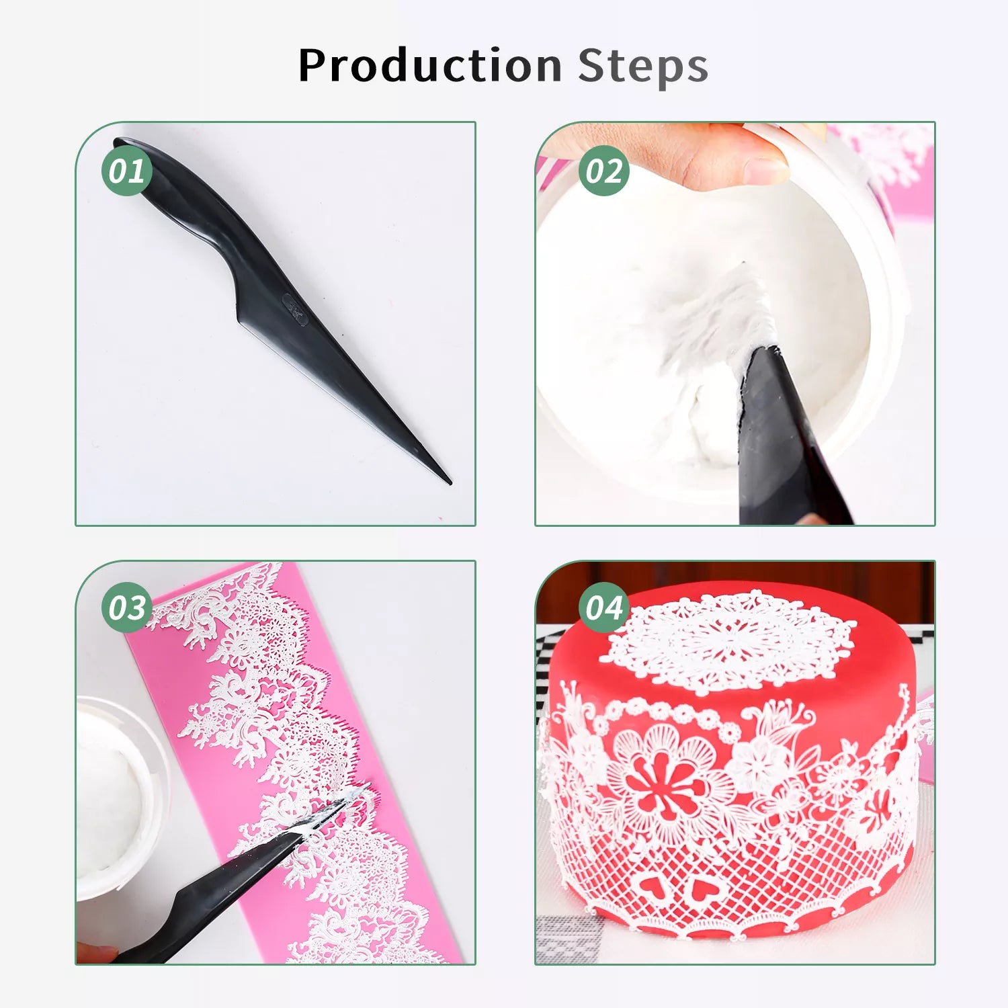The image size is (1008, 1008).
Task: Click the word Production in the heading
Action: pos(430,66)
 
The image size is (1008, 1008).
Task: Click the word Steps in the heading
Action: pos(643,66)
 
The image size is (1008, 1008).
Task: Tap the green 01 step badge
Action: pos(127,171)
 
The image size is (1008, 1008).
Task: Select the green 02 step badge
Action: pos(604,171)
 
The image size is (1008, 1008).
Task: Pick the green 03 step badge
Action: pos(127,607)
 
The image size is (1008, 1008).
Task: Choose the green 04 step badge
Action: pos(604,607)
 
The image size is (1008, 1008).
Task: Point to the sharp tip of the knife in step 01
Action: pos(450,482)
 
